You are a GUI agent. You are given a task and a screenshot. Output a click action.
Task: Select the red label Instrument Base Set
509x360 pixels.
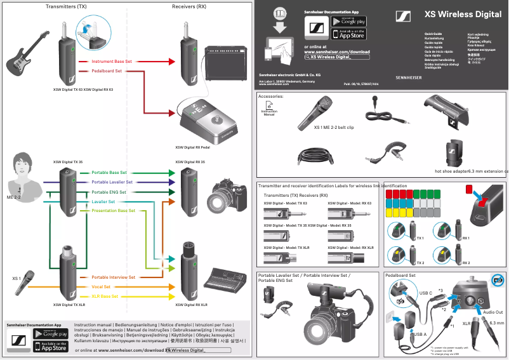pos(112,62)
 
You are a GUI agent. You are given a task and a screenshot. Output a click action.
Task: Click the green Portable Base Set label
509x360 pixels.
pos(109,173)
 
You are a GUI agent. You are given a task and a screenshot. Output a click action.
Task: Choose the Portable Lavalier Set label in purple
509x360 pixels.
pos(112,182)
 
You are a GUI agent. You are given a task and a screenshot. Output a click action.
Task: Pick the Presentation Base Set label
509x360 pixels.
pos(113,210)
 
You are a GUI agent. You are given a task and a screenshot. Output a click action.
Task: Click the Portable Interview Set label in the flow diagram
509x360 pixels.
pos(113,277)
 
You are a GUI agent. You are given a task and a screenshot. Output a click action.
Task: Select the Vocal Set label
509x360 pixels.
pos(101,287)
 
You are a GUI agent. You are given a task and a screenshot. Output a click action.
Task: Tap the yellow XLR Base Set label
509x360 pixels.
pos(105,297)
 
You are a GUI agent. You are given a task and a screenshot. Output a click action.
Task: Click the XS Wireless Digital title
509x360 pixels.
pos(463,14)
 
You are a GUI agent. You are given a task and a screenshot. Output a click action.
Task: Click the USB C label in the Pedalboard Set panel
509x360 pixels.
pos(426,293)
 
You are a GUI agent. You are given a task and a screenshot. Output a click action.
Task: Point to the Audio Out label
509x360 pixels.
pos(492,312)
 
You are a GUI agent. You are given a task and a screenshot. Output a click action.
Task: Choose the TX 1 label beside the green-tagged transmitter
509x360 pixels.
pos(420,238)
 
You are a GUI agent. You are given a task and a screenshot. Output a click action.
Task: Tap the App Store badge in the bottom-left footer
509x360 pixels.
pos(50,347)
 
